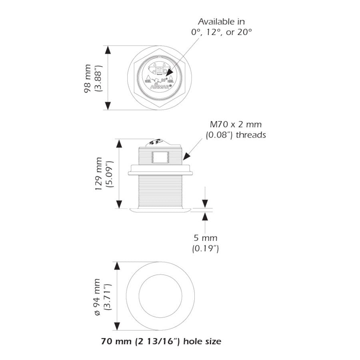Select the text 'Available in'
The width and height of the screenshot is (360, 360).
click(x=222, y=22)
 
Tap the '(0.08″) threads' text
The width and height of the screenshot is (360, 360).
click(x=235, y=135)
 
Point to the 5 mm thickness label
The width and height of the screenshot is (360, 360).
click(x=206, y=238)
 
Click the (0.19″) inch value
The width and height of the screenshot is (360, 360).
click(x=206, y=248)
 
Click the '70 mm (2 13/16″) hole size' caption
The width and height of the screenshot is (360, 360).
click(x=161, y=342)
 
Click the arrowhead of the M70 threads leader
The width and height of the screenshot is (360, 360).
click(x=185, y=159)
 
